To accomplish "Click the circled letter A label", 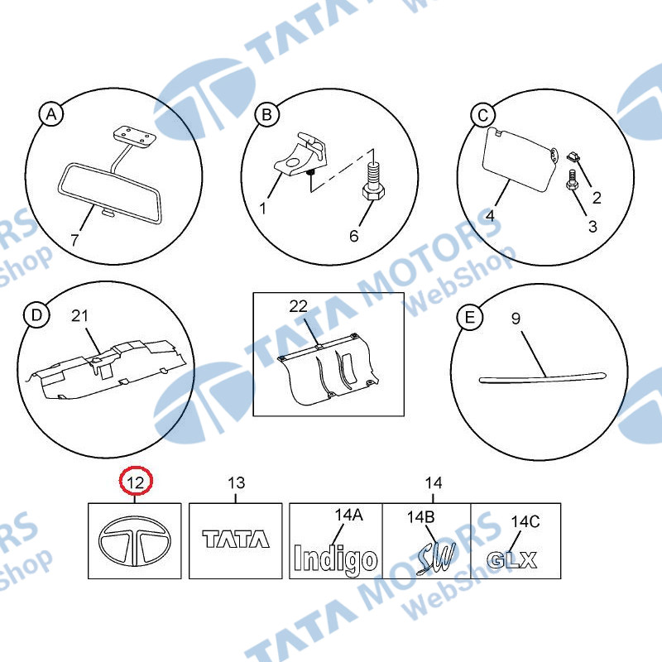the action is [x=51, y=114].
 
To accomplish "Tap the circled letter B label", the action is [x=266, y=114].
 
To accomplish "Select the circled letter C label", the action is [x=483, y=115].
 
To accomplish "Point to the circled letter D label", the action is [x=36, y=315].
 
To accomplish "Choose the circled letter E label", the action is [x=469, y=318].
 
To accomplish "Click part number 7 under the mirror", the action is [x=74, y=240].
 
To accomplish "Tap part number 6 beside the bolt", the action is [x=354, y=236].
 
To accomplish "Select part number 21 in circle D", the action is [x=79, y=315].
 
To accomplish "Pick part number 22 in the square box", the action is [x=298, y=306].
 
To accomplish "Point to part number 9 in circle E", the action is [x=516, y=319].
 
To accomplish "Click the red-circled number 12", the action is [x=136, y=482].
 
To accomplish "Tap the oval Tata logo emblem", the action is [x=135, y=541].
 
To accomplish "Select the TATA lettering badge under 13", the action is [x=236, y=540].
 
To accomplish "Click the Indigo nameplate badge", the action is [x=335, y=560].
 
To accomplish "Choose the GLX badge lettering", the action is [x=511, y=560].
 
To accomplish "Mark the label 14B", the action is [x=420, y=516].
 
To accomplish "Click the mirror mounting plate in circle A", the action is [x=134, y=137].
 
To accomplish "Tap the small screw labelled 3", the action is [x=571, y=180].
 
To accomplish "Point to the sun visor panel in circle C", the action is [x=519, y=160].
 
